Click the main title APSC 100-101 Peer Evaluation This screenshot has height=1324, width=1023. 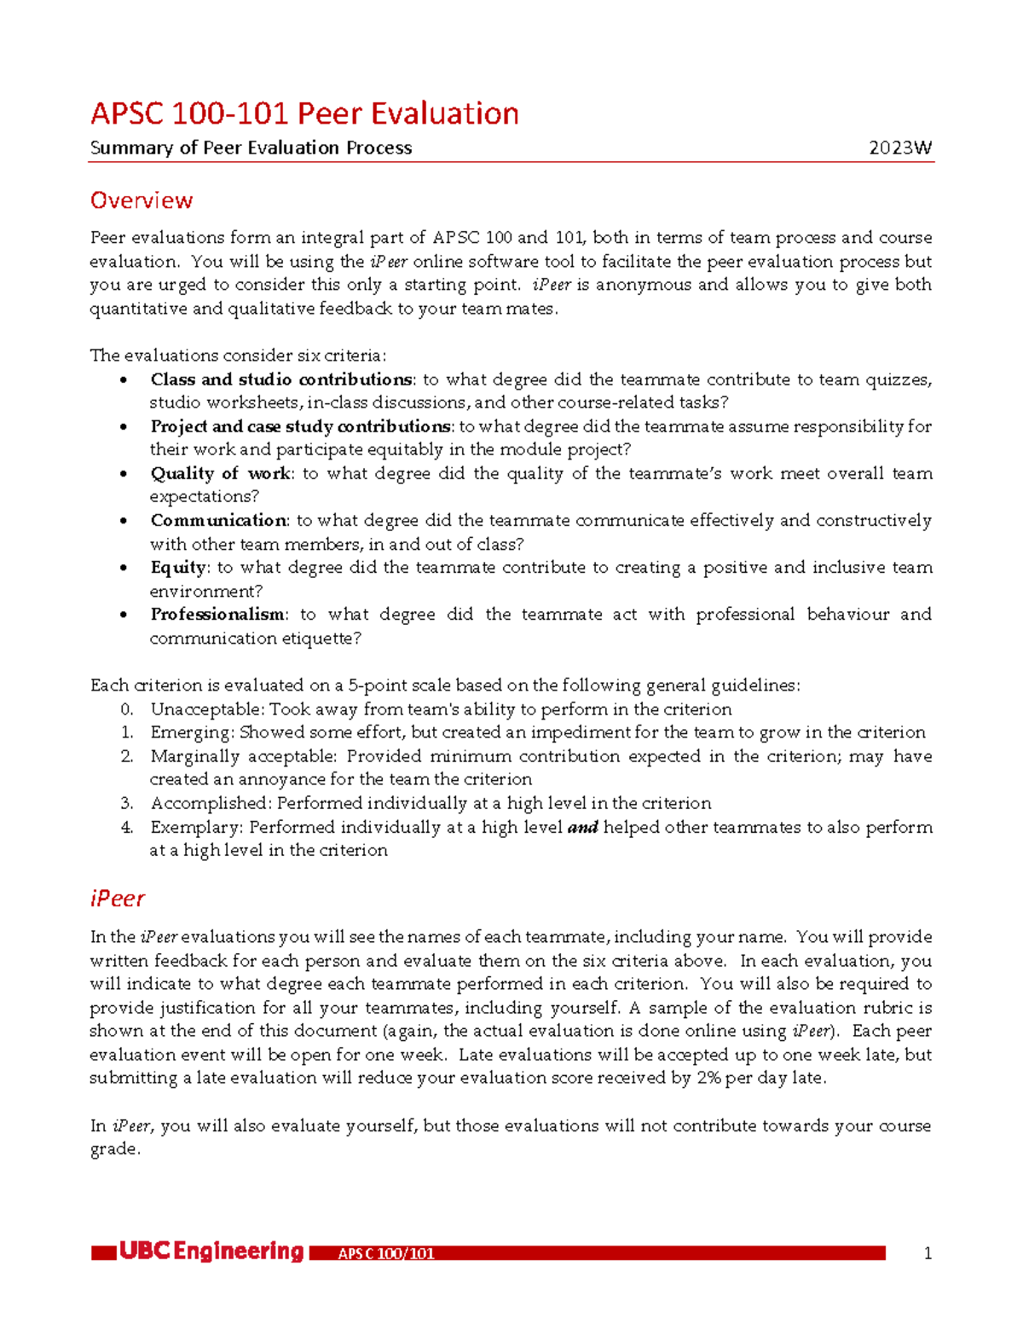pyautogui.click(x=304, y=113)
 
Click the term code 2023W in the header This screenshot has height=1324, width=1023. pyautogui.click(x=900, y=148)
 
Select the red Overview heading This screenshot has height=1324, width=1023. pyautogui.click(x=142, y=200)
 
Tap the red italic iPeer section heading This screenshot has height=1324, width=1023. pyautogui.click(x=117, y=899)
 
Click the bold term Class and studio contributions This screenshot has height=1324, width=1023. pyautogui.click(x=281, y=379)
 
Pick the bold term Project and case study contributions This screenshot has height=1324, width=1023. pyautogui.click(x=300, y=426)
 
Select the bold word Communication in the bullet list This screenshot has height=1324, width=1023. pyautogui.click(x=218, y=520)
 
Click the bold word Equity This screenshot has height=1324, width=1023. pyautogui.click(x=178, y=568)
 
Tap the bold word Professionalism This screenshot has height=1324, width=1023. pyautogui.click(x=217, y=615)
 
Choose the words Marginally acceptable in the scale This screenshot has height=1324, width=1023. pyautogui.click(x=244, y=756)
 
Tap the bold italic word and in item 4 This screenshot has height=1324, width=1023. pyautogui.click(x=583, y=827)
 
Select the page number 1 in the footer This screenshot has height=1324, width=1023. pyautogui.click(x=928, y=1253)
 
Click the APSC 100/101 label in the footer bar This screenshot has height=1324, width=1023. pyautogui.click(x=386, y=1253)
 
